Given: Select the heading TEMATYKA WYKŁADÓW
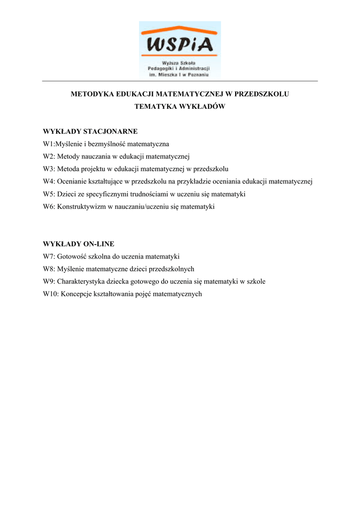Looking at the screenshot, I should [x=180, y=106].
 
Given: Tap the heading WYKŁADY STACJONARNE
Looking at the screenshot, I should [x=90, y=132].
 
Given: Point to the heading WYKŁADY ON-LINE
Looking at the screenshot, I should [x=79, y=244].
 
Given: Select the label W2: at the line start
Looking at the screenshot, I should [x=49, y=157].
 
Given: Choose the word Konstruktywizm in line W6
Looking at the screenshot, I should [x=81, y=206].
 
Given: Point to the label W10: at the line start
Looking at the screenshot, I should [x=51, y=294].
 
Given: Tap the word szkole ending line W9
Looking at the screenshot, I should [x=256, y=281].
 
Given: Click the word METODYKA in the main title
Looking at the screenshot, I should [x=92, y=94].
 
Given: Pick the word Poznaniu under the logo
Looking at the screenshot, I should [x=197, y=75].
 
